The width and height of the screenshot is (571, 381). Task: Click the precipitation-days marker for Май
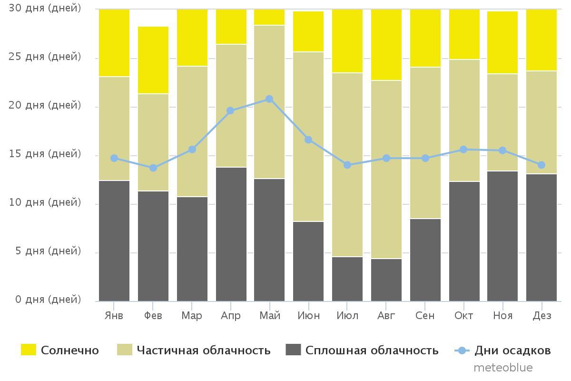point(269,99)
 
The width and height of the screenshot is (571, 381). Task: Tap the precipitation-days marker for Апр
point(230,110)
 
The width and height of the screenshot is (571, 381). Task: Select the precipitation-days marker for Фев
point(153,168)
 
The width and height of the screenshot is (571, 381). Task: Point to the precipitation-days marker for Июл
point(347,165)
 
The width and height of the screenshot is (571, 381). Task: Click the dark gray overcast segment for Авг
point(386,280)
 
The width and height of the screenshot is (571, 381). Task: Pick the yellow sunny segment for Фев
point(153,60)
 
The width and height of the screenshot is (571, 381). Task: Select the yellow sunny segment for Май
point(269,17)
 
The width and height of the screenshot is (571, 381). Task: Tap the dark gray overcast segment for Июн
point(308,261)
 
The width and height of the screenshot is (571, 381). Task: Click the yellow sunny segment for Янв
point(114,43)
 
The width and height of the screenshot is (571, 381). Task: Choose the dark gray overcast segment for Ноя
point(502,236)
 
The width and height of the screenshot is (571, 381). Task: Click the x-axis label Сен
point(425,316)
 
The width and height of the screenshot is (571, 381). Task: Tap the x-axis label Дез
point(541,316)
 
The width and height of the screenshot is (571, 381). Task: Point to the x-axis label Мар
point(192,316)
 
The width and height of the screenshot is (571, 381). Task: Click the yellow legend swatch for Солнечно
point(29,351)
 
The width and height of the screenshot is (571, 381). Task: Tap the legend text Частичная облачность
point(204,351)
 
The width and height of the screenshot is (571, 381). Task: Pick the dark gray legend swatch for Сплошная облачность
point(294,351)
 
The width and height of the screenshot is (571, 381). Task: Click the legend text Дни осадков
point(512,351)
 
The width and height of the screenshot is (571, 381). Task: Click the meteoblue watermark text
point(503,368)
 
